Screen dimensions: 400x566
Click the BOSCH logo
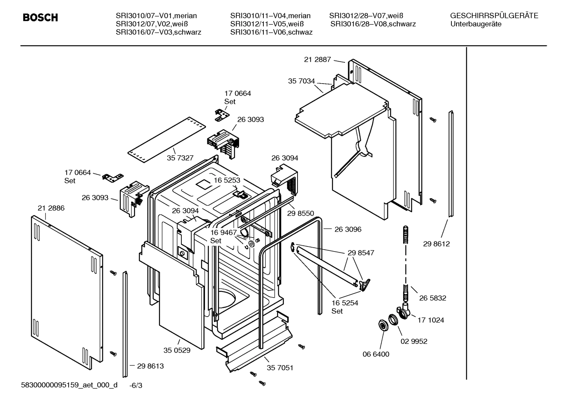pos(40,18)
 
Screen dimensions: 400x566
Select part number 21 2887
pos(317,60)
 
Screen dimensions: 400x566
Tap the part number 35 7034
pos(301,81)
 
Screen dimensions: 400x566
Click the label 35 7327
pos(180,158)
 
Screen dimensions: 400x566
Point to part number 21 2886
pos(51,208)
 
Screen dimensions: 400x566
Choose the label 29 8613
pos(150,366)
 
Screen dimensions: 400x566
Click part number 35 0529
pos(177,350)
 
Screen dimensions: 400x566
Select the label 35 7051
pos(280,368)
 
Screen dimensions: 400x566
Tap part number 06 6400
pos(376,354)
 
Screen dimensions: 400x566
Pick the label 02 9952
pos(414,341)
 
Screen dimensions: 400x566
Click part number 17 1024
pos(431,320)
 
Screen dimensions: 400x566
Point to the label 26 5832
pos(433,298)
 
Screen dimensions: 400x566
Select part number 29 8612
pos(436,244)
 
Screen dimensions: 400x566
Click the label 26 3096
pos(348,229)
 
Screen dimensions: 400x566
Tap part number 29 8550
pos(301,213)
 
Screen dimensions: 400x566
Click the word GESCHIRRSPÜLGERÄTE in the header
pos(494,16)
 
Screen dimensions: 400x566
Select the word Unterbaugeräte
pos(476,24)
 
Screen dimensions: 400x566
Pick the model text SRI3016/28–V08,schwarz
pos(373,24)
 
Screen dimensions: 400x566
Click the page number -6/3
pos(136,385)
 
